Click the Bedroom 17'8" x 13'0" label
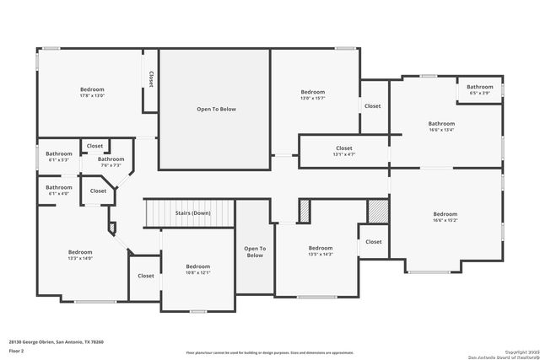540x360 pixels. tap(92, 93)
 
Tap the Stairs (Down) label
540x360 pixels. tap(192, 214)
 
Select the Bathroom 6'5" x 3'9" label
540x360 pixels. tap(480, 89)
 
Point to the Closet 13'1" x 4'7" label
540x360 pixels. tap(343, 151)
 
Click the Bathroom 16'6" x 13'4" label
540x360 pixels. tap(446, 126)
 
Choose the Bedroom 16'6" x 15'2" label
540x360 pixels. tap(445, 218)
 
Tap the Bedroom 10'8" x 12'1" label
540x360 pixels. tap(197, 269)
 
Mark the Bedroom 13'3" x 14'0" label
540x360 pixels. tap(80, 255)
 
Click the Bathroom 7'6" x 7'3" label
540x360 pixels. tap(111, 162)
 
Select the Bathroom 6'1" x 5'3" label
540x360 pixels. tap(59, 156)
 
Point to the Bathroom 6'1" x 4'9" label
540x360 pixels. tap(59, 190)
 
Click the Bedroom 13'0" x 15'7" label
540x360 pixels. tap(312, 94)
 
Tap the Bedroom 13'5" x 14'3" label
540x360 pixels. tap(321, 250)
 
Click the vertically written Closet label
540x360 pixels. tap(151, 78)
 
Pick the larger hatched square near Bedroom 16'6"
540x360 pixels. tap(377, 210)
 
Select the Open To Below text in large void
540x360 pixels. tap(216, 110)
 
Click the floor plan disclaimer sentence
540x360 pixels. tap(269, 351)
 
